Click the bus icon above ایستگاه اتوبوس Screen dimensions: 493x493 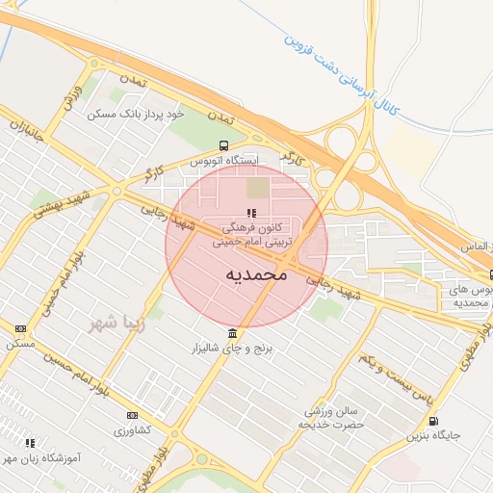pos(224,145)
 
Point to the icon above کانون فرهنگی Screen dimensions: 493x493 pos(250,214)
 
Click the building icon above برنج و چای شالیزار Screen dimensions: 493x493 pos(231,333)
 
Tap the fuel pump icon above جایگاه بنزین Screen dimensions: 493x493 pos(432,421)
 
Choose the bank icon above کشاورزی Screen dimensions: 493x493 pos(132,416)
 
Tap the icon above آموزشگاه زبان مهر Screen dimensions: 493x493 pos(30,444)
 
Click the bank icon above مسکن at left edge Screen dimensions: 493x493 pos(21,328)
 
